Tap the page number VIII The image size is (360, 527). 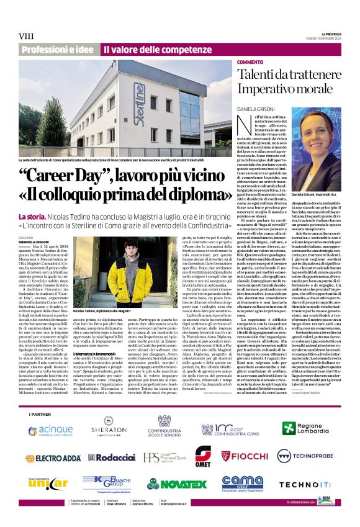[x=27, y=37]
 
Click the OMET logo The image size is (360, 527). [x=203, y=456]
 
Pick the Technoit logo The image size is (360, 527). [x=295, y=484]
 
